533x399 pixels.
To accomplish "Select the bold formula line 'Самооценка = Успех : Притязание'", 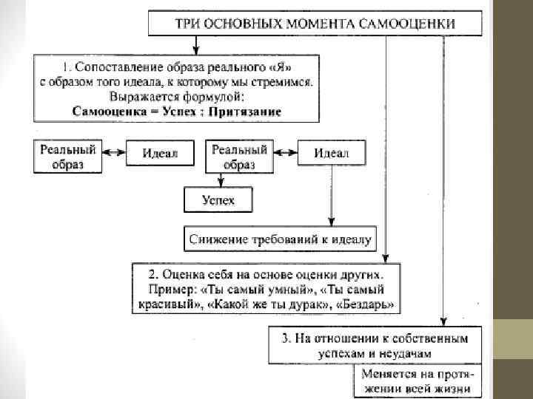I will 176,112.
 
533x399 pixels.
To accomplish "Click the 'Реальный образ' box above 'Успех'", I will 239,156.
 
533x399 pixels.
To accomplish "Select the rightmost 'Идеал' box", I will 331,154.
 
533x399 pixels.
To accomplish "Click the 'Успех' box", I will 218,199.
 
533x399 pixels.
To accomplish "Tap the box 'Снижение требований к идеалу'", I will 281,239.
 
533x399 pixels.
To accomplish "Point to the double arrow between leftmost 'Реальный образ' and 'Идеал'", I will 112,153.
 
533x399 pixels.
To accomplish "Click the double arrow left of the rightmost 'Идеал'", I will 284,154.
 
